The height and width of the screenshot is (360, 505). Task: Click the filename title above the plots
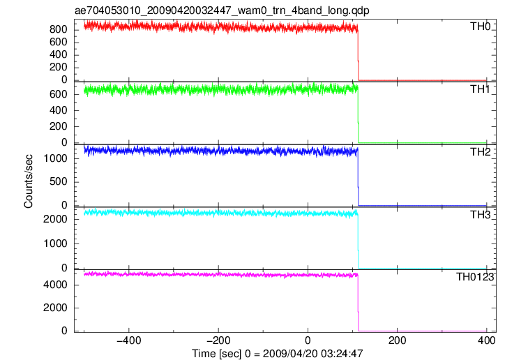222,10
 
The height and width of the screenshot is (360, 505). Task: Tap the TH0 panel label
480,27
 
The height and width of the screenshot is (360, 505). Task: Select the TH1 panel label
480,89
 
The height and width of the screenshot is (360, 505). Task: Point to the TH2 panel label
480,152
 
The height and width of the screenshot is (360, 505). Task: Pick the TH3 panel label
480,215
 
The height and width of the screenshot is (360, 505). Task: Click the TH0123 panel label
475,277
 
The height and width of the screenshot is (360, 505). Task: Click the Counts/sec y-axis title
29,181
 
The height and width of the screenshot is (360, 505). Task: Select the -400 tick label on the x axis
128,340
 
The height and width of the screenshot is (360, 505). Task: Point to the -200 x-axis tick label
218,340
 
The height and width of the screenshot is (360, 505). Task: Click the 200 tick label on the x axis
397,340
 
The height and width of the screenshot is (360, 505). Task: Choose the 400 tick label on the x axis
486,340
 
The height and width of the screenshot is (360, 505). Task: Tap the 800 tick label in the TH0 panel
59,29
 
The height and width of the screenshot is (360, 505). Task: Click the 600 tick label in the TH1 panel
59,94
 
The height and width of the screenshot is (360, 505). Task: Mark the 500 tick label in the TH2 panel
59,181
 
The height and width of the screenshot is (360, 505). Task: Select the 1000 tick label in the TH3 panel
55,243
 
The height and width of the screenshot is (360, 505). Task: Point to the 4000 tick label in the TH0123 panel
55,285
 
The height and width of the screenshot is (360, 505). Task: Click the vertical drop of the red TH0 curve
358,54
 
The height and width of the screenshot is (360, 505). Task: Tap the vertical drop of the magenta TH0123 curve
358,303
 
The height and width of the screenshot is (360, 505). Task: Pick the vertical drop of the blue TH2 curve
358,177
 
